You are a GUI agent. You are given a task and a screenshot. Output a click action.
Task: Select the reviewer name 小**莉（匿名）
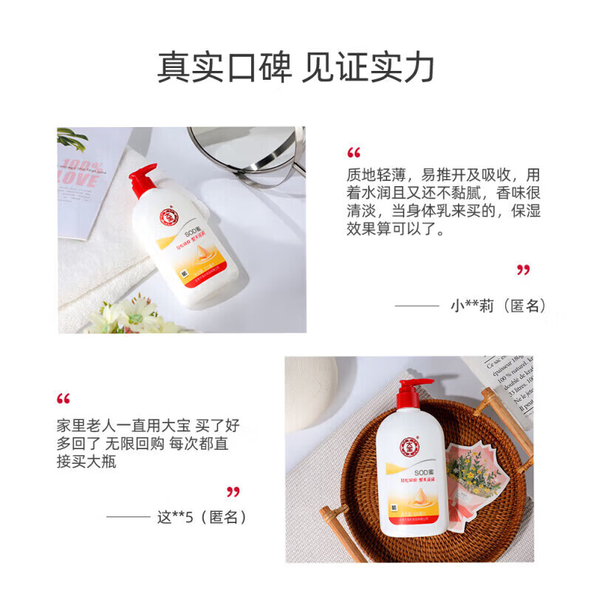(x=499, y=305)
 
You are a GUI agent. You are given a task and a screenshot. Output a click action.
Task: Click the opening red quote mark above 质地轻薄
(x=354, y=153)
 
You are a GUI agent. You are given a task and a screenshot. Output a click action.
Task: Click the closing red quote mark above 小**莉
(x=523, y=270)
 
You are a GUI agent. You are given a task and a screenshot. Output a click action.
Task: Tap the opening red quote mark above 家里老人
(x=64, y=399)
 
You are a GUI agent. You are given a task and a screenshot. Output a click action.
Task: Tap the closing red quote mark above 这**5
(x=233, y=491)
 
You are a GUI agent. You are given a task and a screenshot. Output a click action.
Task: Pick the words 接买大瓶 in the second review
(x=86, y=462)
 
